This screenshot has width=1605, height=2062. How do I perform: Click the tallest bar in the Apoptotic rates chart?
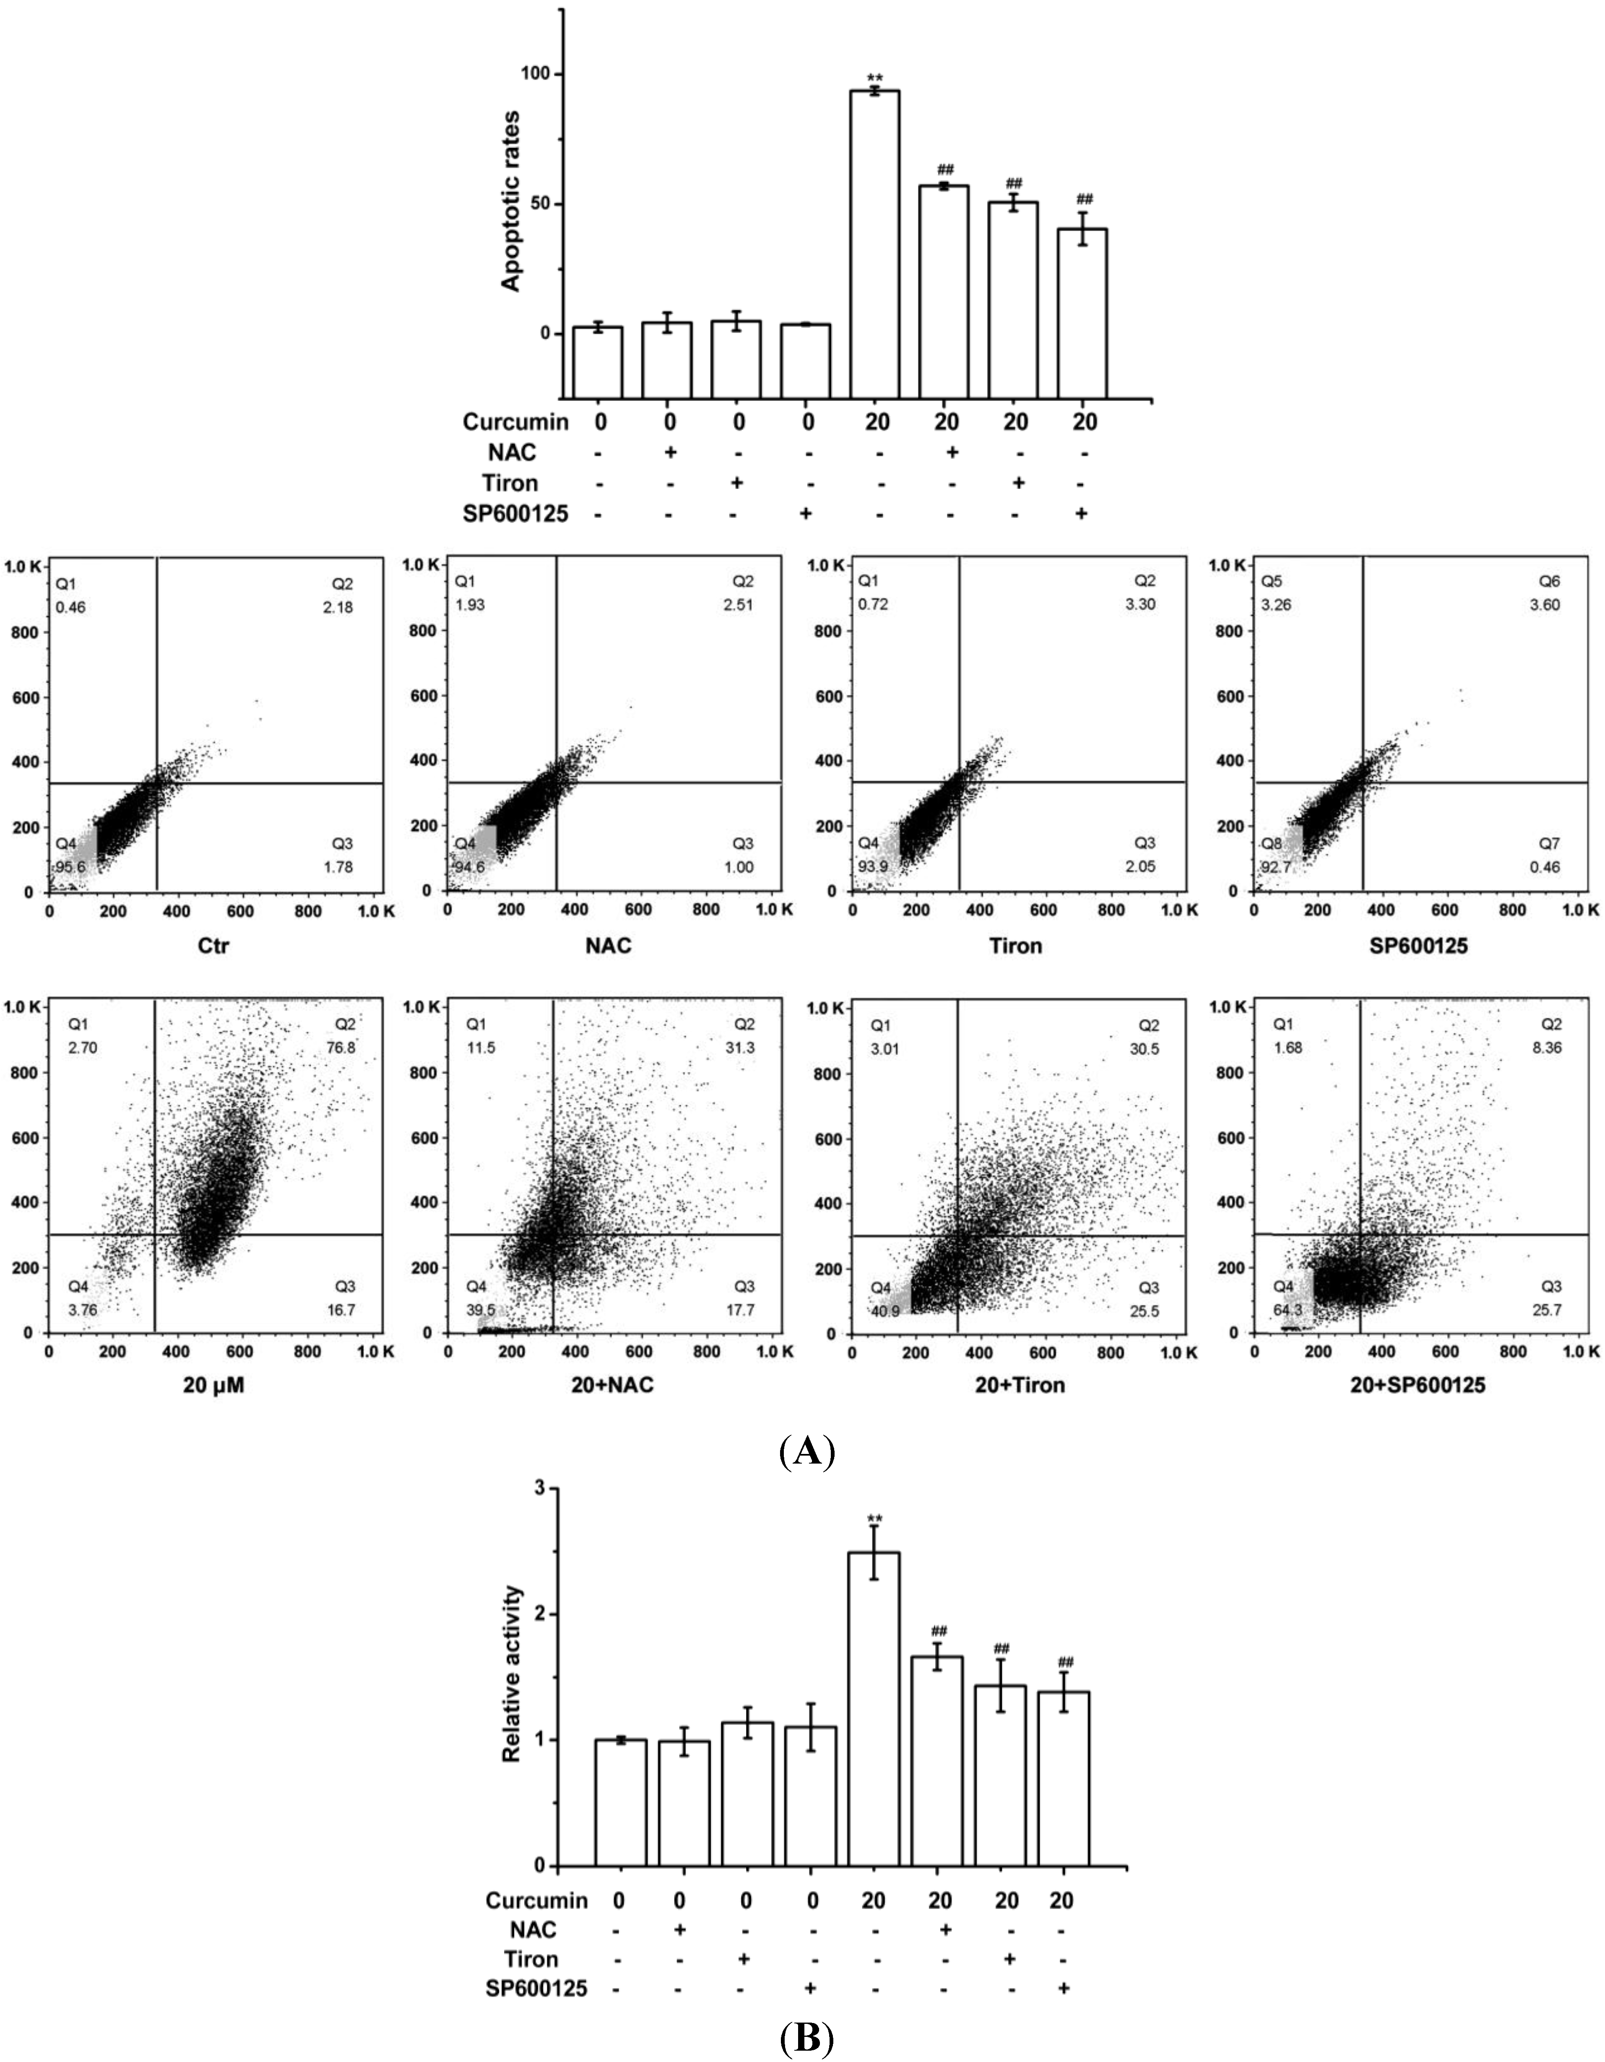875,244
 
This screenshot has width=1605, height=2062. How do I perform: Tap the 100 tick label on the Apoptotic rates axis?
536,74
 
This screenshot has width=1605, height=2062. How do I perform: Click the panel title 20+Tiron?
1018,1385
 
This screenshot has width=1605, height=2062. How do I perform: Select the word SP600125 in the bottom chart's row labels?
536,1988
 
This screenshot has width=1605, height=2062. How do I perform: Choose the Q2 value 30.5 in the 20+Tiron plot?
1145,1048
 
